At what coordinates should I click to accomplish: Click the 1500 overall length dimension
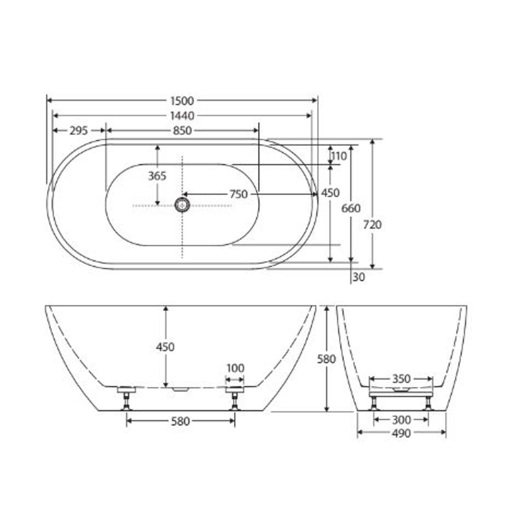[x=182, y=101]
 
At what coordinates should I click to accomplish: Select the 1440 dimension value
[x=182, y=116]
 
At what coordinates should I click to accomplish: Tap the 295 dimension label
[x=79, y=130]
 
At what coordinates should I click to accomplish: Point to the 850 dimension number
[x=182, y=130]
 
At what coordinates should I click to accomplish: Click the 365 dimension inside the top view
[x=157, y=176]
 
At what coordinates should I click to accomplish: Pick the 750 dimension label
[x=238, y=194]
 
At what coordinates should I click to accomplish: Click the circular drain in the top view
[x=182, y=205]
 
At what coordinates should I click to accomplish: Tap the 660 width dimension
[x=351, y=208]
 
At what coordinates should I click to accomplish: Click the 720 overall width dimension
[x=372, y=225]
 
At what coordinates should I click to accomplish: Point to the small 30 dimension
[x=359, y=277]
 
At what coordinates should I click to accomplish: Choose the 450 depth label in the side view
[x=165, y=347]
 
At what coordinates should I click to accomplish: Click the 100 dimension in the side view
[x=235, y=368]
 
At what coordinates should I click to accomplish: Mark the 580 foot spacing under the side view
[x=180, y=421]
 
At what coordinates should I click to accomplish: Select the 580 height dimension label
[x=326, y=359]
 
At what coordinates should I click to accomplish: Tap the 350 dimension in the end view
[x=401, y=379]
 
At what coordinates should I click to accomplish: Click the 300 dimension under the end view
[x=401, y=420]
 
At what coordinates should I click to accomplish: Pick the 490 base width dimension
[x=401, y=433]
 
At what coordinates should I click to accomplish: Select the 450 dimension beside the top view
[x=330, y=193]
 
